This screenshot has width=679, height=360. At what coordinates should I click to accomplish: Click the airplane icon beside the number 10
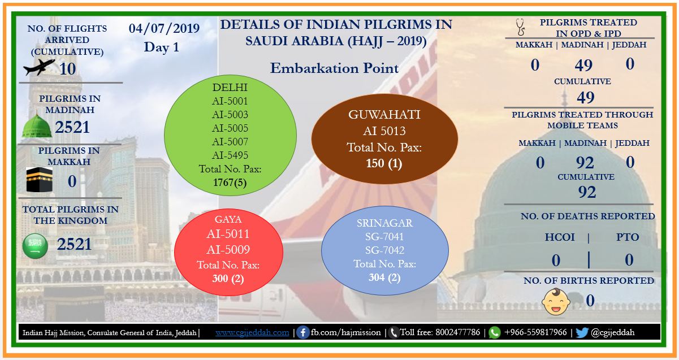[x=39, y=67]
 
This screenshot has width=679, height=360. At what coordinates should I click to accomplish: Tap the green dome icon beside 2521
[x=37, y=125]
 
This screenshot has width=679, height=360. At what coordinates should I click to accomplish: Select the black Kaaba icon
[x=39, y=180]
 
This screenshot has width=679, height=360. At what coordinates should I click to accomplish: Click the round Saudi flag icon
[x=35, y=246]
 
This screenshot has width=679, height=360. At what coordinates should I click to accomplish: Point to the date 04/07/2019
[x=164, y=28]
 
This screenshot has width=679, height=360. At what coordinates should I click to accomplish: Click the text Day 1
[x=162, y=47]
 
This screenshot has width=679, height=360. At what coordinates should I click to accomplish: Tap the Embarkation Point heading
[x=334, y=68]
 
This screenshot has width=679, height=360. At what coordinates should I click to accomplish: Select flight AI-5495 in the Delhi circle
[x=230, y=155]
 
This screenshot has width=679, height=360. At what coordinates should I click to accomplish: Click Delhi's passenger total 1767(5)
[x=230, y=183]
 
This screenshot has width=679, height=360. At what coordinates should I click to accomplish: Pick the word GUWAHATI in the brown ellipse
[x=384, y=115]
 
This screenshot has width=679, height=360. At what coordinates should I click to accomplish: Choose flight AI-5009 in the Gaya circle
[x=228, y=250]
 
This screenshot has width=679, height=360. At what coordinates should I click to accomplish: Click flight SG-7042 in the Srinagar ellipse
[x=384, y=250]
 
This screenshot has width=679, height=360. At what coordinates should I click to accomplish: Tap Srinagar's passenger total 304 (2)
[x=384, y=277]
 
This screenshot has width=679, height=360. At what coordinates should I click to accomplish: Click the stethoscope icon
[x=520, y=27]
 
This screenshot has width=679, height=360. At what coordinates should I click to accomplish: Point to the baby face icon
[x=556, y=302]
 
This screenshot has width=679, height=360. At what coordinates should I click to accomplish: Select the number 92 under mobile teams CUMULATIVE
[x=587, y=192]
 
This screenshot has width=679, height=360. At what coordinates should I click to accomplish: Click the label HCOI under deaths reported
[x=560, y=237]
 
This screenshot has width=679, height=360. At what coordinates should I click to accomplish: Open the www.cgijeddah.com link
[x=252, y=333]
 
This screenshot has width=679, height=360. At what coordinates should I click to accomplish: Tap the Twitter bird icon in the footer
[x=582, y=333]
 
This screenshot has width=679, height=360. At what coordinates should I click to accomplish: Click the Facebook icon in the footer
[x=302, y=332]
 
